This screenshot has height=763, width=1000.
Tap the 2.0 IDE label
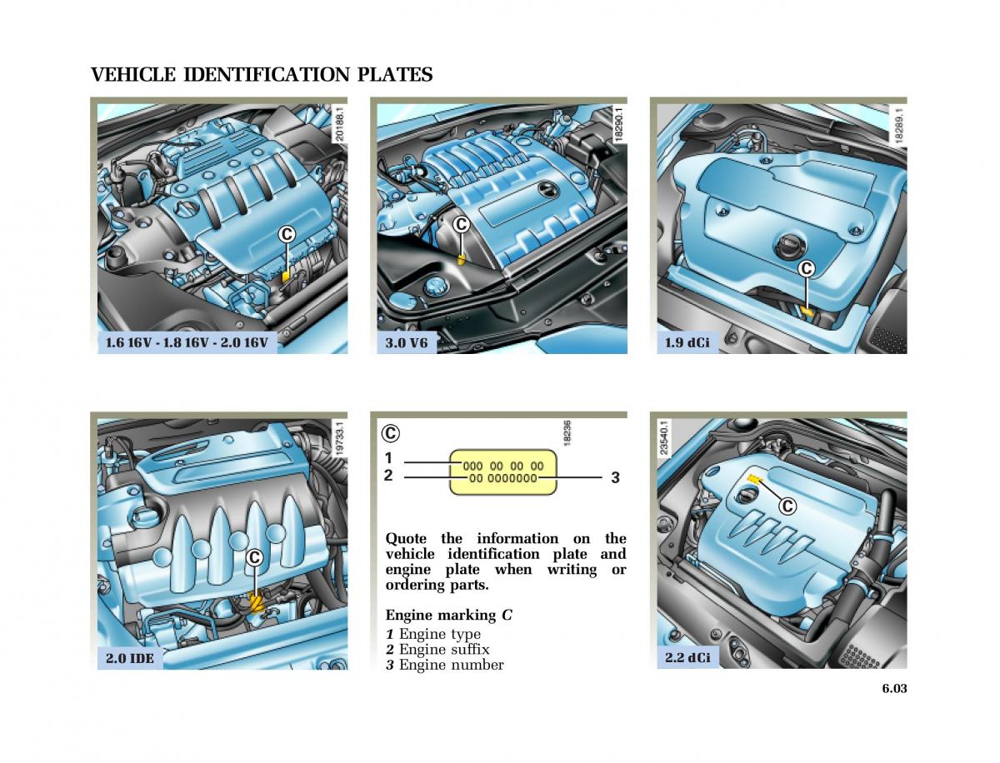click(129, 658)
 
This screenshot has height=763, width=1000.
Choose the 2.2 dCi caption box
click(687, 658)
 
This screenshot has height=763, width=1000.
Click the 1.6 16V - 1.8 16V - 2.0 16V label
click(187, 342)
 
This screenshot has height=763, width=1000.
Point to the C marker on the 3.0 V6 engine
click(461, 224)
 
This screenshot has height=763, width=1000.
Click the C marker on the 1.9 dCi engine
click(806, 268)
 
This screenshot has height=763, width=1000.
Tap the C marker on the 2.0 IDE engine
click(255, 558)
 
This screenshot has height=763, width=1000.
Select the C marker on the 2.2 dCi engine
click(787, 506)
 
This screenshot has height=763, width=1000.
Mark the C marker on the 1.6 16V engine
click(287, 235)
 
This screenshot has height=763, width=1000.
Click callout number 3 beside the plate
click(615, 478)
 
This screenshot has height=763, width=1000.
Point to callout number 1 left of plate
click(388, 458)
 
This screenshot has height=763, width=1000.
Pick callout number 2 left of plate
click(388, 476)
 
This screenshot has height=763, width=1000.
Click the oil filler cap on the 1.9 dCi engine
click(788, 247)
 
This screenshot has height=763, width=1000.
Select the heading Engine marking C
click(448, 616)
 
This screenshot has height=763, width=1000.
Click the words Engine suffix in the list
click(444, 649)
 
